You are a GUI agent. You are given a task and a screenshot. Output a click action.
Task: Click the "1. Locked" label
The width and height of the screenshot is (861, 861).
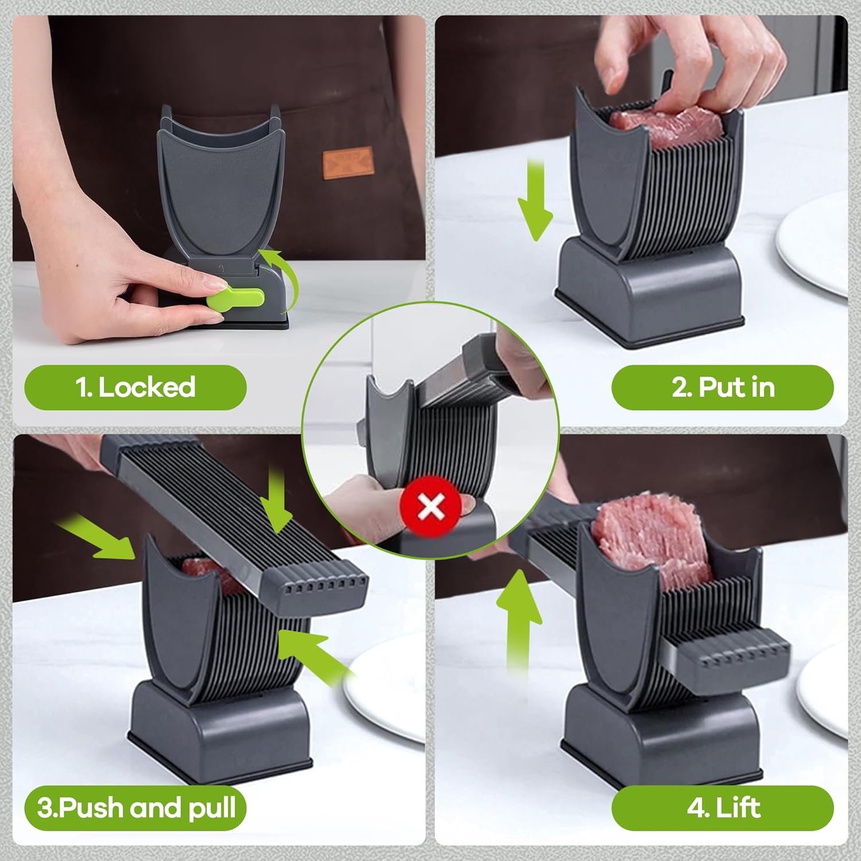click(136, 387)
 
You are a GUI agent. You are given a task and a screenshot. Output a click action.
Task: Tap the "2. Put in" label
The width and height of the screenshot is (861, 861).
click(723, 387)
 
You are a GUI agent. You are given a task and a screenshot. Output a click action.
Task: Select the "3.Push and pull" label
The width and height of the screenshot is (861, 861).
click(136, 808)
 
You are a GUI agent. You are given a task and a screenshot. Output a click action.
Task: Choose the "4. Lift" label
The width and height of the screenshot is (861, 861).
click(723, 808)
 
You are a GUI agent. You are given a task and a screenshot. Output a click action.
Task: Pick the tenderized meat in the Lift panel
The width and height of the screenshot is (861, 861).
click(649, 537)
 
